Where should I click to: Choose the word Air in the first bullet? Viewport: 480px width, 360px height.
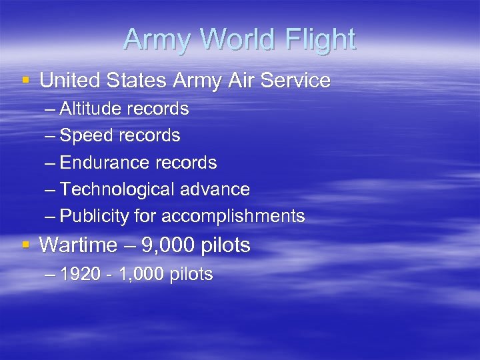tap(237, 81)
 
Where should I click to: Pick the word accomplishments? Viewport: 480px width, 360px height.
tap(233, 216)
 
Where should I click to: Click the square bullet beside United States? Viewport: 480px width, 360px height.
tap(26, 81)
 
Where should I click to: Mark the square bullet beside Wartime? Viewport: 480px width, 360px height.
tap(26, 245)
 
